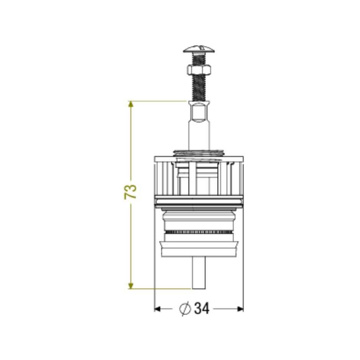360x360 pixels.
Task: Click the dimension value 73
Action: coord(131,192)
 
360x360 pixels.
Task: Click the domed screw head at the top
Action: coord(199,49)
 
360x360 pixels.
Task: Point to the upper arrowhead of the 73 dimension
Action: coord(131,104)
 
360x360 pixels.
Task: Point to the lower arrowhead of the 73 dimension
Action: coord(131,285)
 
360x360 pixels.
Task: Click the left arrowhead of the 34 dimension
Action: coord(157,309)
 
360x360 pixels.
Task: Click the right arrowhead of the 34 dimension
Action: coord(240,309)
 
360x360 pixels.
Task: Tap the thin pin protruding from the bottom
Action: coord(199,273)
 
